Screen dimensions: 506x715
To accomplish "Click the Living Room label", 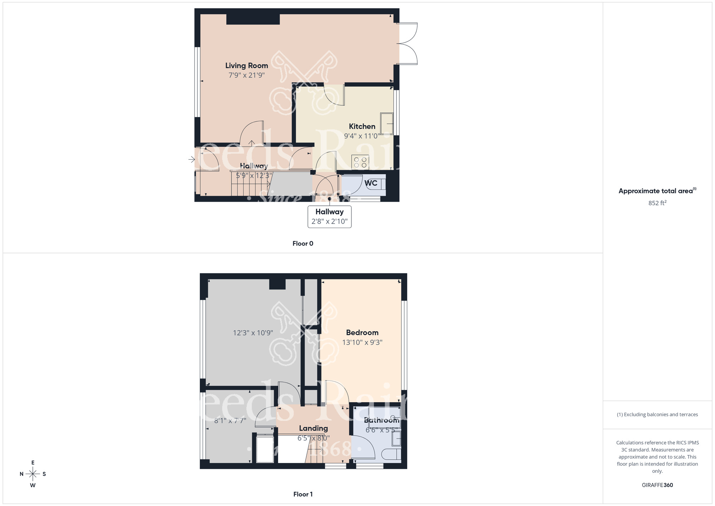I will coord(246,65).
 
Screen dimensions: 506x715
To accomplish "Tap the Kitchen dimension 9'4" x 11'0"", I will coord(362,136).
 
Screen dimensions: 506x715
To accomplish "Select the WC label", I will coord(371,183).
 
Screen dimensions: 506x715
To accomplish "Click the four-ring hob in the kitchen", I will coord(360,162).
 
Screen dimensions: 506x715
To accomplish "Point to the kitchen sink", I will coord(387,124).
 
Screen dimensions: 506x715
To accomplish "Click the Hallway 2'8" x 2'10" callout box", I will coord(329,216).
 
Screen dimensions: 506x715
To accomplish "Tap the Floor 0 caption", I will coord(303,244).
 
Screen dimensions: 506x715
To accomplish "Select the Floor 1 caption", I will coord(303,494).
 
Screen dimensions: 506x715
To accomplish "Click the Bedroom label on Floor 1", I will coord(362,332).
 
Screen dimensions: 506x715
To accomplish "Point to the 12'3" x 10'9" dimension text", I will coord(253,333).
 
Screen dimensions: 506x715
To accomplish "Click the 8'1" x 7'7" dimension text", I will coord(230,420).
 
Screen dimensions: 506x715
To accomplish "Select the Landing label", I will coord(313,428).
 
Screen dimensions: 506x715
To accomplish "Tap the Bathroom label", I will coord(381,420).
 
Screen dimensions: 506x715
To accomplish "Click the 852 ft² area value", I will coord(657,203).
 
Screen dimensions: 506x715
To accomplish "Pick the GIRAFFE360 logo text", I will coord(657,485).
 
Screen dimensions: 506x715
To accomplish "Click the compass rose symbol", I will coord(33,474).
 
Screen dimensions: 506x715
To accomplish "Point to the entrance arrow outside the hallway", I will coord(192,159).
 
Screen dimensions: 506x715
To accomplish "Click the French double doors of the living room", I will coord(408,44).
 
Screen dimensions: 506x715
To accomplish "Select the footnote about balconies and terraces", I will coord(657,414).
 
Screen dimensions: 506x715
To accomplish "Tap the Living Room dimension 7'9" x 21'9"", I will coord(246,75).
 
